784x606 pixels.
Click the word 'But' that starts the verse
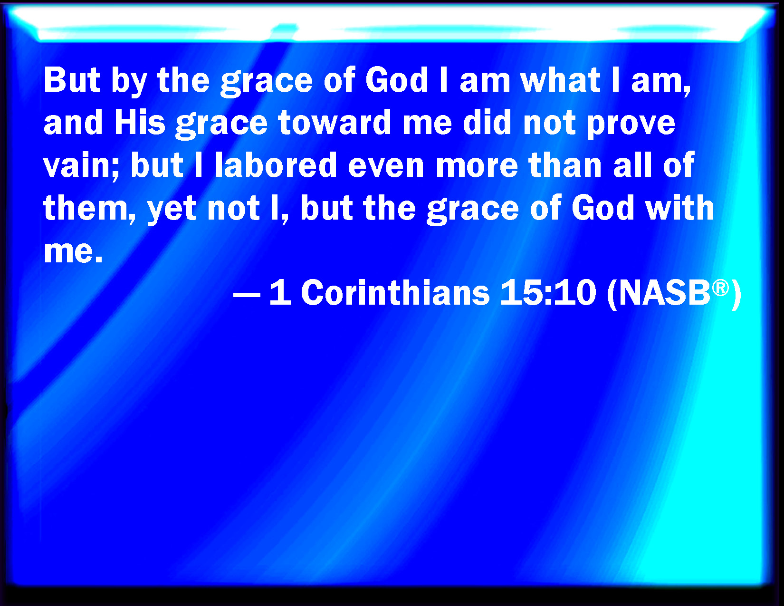(x=71, y=80)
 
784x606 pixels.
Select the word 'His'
(x=140, y=123)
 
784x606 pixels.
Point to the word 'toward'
(x=335, y=123)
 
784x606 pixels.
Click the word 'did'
(x=487, y=123)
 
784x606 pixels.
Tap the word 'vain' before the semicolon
(x=76, y=165)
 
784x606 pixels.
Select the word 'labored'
(x=276, y=165)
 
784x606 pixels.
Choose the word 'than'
(x=565, y=165)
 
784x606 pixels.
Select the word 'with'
(x=679, y=208)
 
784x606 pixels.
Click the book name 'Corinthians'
(x=395, y=292)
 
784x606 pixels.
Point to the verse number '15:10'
(x=548, y=292)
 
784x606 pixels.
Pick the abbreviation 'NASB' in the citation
(x=664, y=292)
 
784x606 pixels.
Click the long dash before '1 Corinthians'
(x=247, y=295)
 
